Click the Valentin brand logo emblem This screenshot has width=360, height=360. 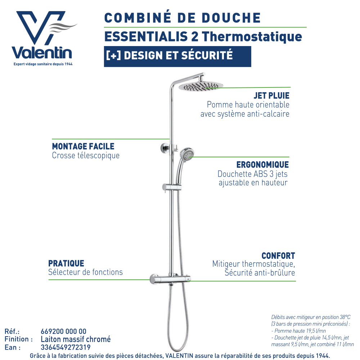coord(44,28)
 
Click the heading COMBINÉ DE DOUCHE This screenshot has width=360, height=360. coord(183,17)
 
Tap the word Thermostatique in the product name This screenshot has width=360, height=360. coord(252,37)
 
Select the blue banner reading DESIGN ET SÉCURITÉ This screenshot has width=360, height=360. coord(177,57)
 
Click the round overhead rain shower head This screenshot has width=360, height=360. coord(201,86)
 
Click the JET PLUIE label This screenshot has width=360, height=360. coord(271,95)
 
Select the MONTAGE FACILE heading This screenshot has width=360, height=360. coord(83,146)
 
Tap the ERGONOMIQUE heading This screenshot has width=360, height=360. coord(262,165)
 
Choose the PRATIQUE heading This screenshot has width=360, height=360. coord(66,264)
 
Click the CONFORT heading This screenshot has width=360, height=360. coord(278,256)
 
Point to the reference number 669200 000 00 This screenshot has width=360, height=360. coord(64,331)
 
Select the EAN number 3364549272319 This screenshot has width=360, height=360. coord(66,347)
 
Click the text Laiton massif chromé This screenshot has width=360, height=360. coord(76,339)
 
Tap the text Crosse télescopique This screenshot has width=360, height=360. coord(86,156)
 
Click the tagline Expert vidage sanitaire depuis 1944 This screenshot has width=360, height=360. coord(43,64)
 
